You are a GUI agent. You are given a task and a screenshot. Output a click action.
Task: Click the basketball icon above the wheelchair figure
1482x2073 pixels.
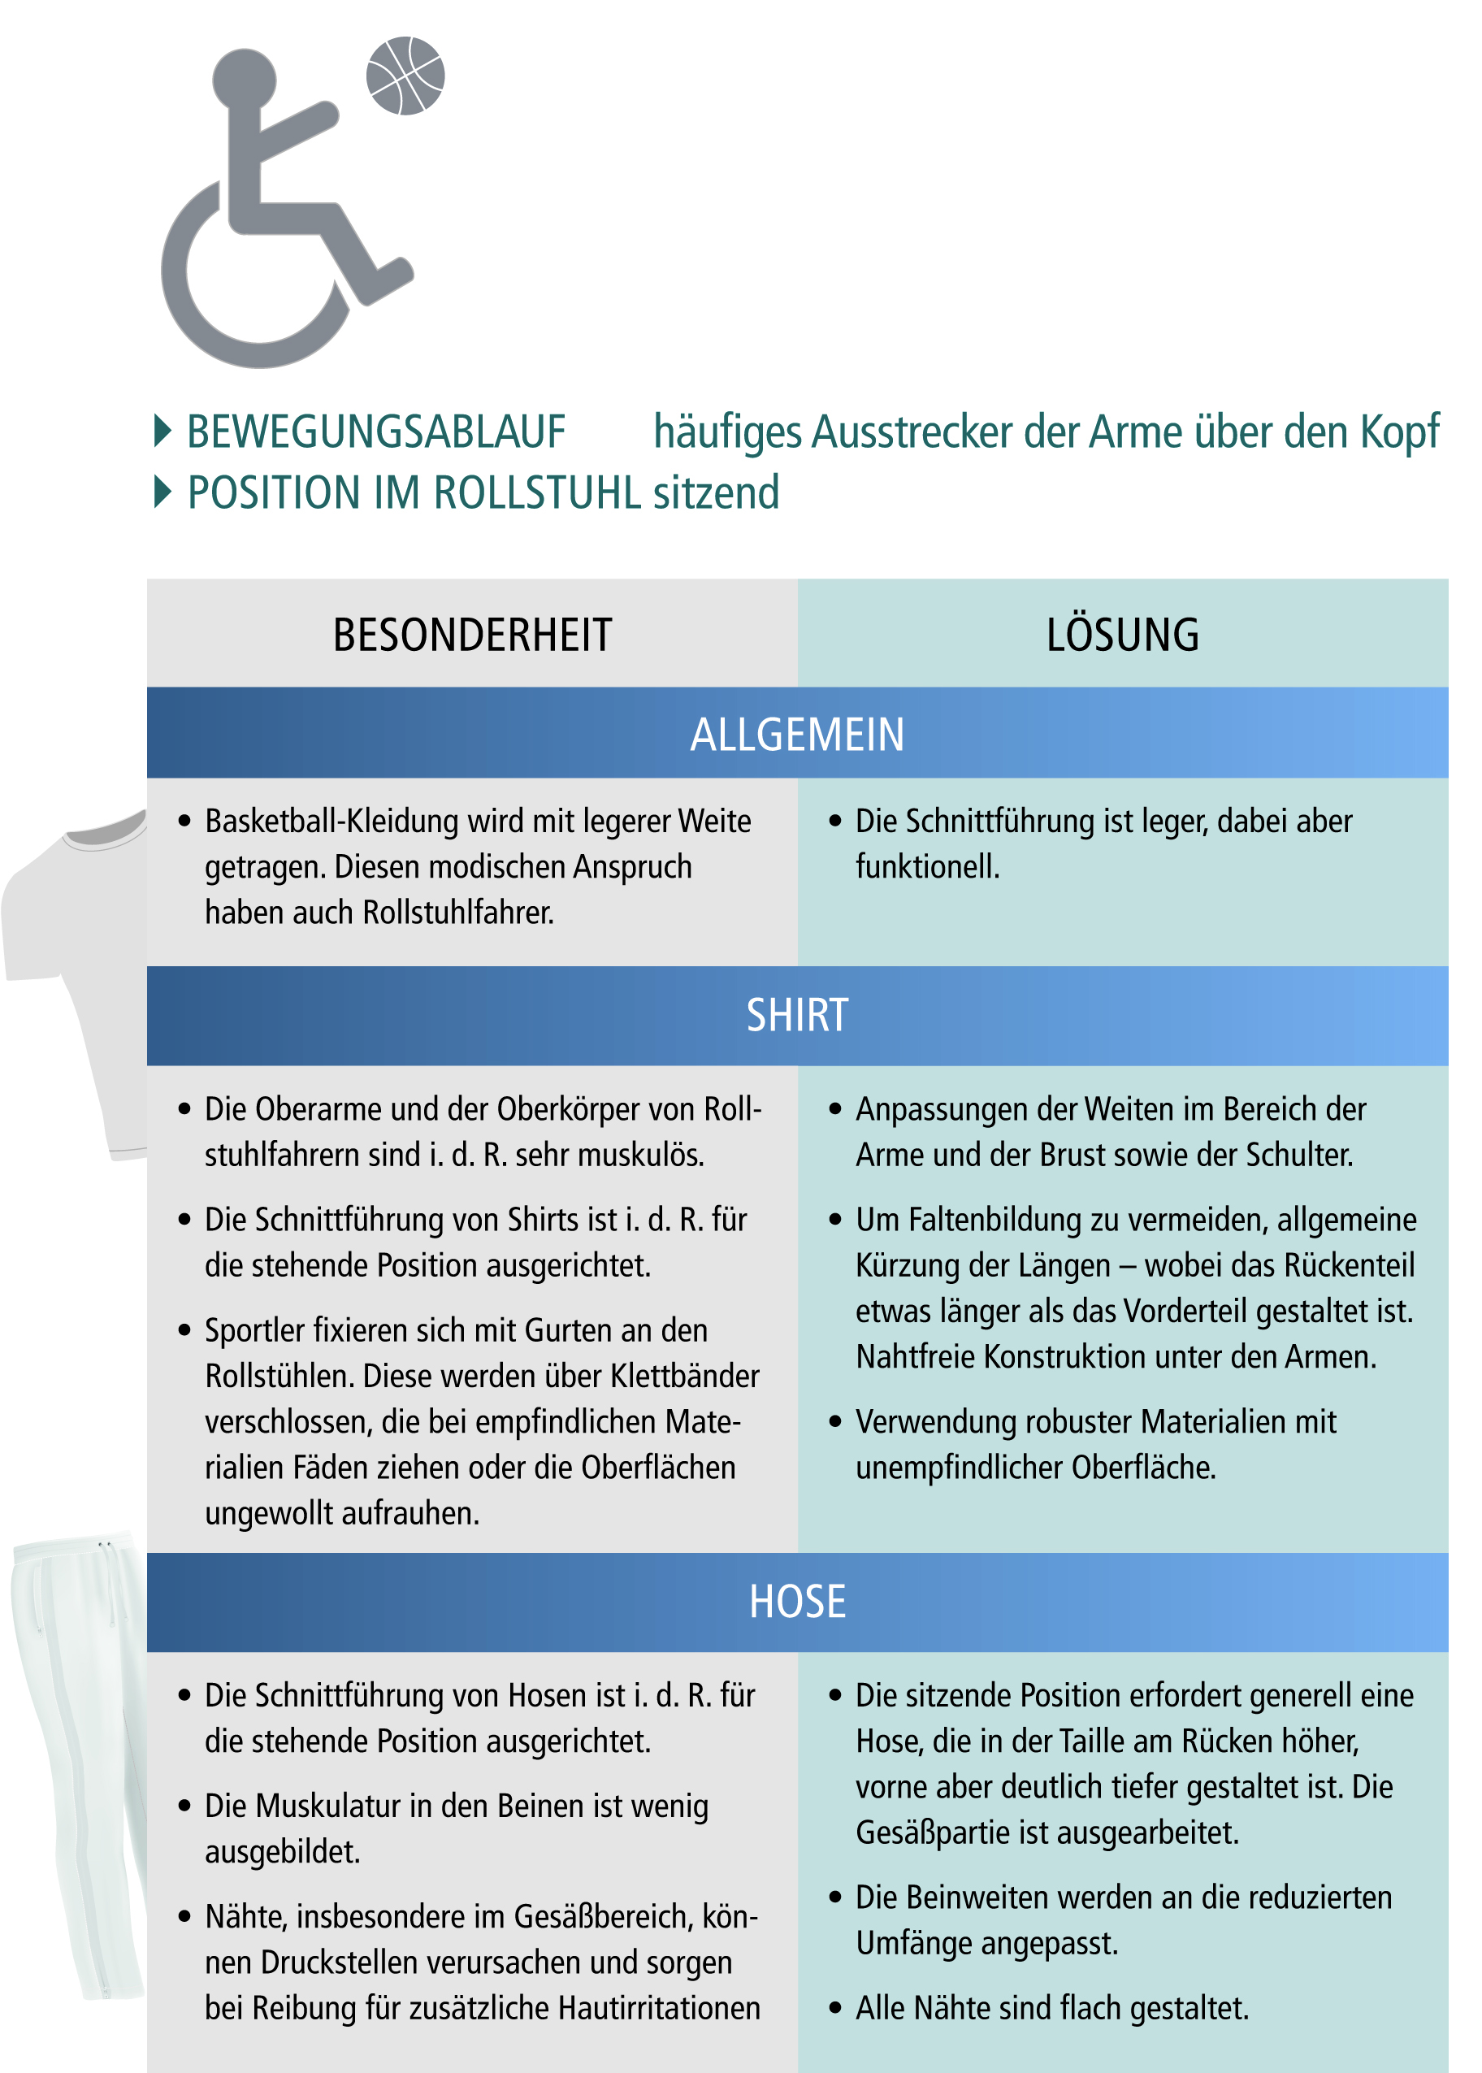pyautogui.click(x=405, y=76)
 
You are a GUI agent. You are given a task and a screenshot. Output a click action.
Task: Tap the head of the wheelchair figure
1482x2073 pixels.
pyautogui.click(x=244, y=80)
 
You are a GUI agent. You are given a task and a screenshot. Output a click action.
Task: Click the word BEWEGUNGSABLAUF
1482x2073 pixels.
pyautogui.click(x=376, y=432)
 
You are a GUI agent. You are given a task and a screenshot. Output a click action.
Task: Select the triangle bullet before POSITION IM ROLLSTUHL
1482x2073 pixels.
pyautogui.click(x=162, y=492)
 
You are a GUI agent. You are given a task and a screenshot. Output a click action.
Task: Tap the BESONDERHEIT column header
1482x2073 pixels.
pyautogui.click(x=472, y=635)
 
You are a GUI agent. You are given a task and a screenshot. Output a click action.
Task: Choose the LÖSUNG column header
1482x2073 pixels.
pyautogui.click(x=1121, y=635)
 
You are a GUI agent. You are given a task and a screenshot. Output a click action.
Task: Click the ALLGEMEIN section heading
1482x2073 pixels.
pyautogui.click(x=797, y=735)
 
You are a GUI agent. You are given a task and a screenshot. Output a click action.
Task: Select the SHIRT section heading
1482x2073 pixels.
pyautogui.click(x=797, y=1015)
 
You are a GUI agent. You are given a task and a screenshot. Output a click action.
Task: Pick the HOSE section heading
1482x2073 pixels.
pyautogui.click(x=797, y=1601)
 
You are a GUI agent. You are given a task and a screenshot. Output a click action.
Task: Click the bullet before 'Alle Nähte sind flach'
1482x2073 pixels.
pyautogui.click(x=834, y=2007)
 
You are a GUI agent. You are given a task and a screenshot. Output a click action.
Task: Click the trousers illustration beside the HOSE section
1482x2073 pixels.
pyautogui.click(x=82, y=1762)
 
